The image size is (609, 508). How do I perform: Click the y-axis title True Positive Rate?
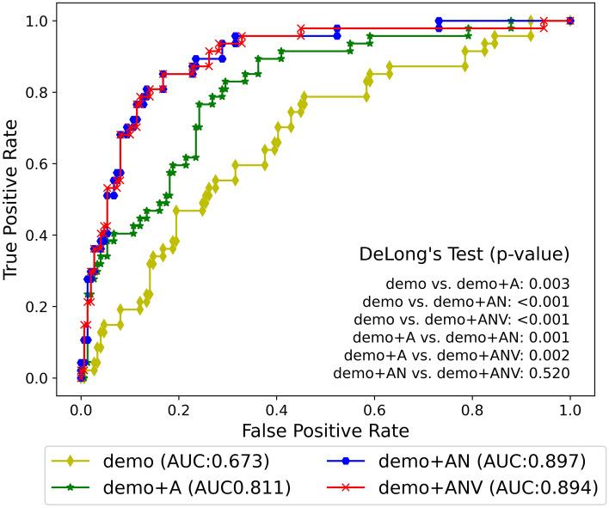tap(12, 199)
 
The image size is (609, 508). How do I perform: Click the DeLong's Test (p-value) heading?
tap(464, 254)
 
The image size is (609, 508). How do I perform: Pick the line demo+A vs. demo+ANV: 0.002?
tap(456, 355)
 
